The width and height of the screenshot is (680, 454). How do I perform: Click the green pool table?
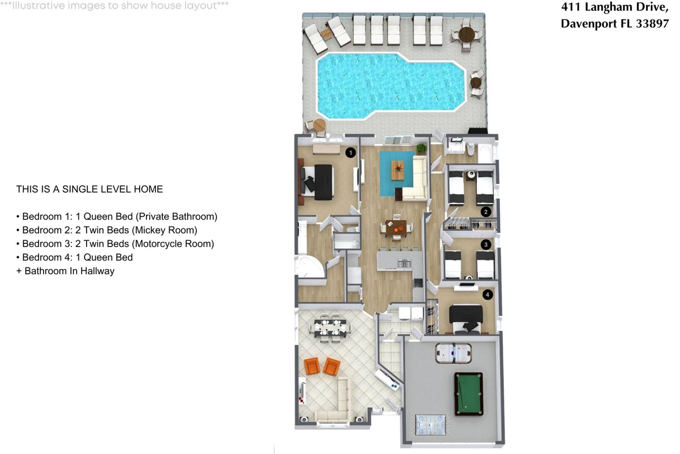coord(469,394)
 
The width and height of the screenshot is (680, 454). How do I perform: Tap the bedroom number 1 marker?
coord(351,153)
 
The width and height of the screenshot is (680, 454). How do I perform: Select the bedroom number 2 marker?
coord(486,212)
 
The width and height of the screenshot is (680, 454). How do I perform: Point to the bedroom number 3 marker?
coord(486,245)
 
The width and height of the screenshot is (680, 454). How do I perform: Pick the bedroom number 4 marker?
coord(488,295)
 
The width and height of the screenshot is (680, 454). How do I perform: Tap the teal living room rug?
coord(397,173)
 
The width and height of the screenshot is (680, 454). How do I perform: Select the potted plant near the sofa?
coord(422,148)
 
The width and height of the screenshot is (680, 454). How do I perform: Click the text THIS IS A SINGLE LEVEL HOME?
coord(90,189)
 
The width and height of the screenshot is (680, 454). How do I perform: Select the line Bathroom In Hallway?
coord(69,271)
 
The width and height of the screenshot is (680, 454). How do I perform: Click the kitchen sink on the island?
coord(404,264)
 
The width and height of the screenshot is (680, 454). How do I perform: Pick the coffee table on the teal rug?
coord(398,170)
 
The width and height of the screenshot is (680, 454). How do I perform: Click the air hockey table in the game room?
coord(453,353)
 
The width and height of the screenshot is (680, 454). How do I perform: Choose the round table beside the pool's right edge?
coord(476,83)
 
